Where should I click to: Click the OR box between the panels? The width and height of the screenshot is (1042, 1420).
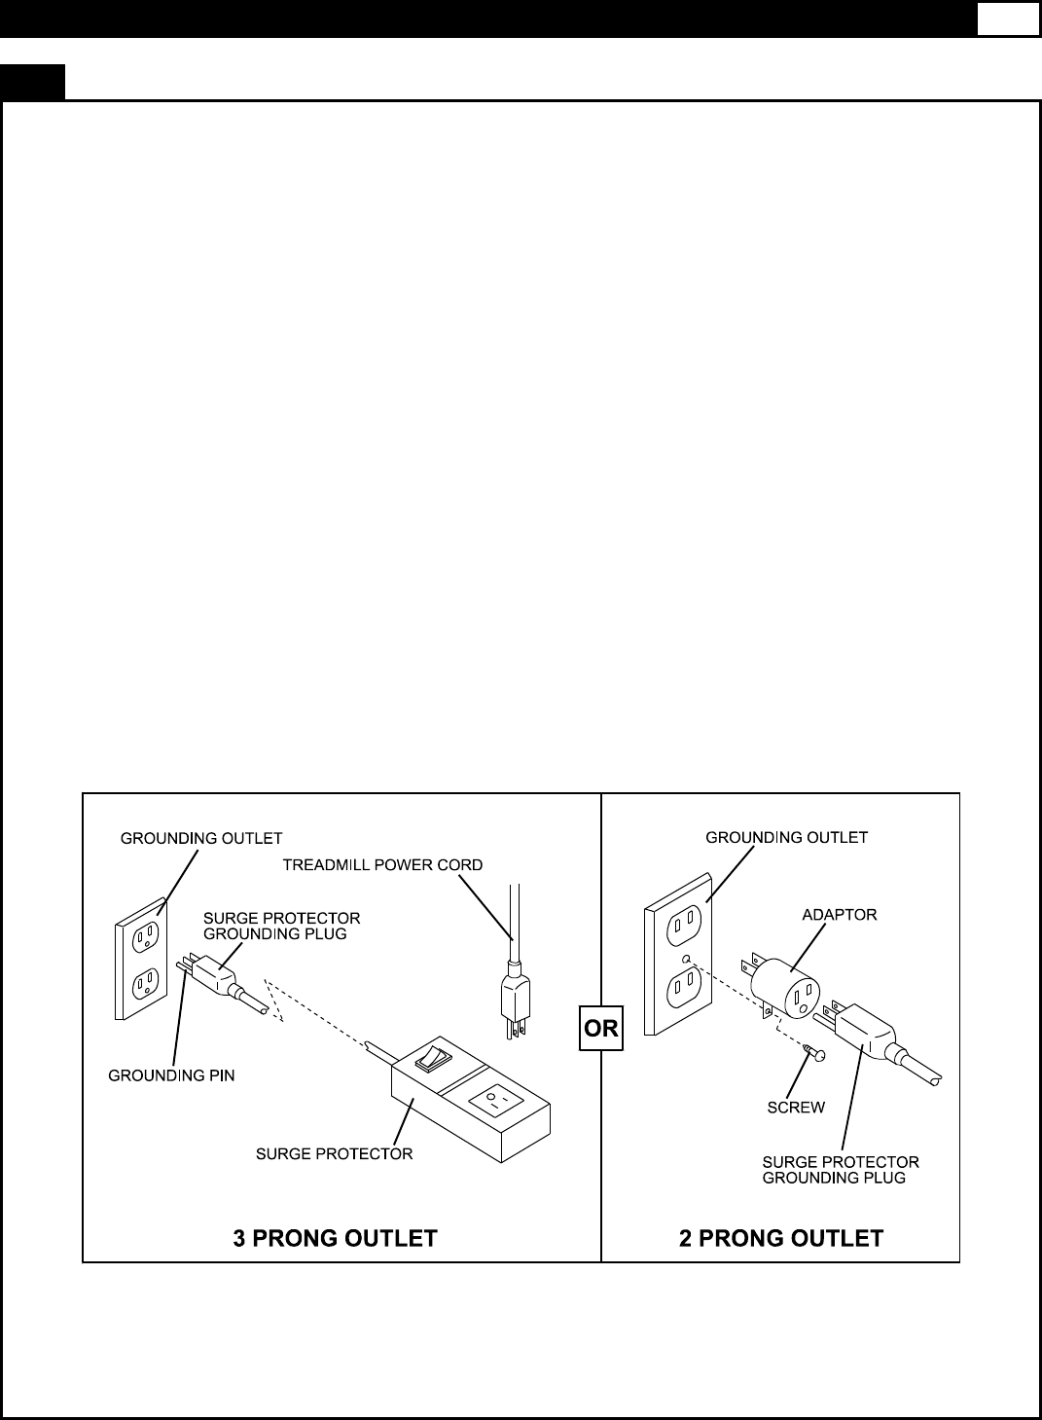pos(601,1029)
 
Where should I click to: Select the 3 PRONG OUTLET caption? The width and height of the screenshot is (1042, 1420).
pos(335,1238)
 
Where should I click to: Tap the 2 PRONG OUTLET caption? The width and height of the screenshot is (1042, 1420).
pos(780,1238)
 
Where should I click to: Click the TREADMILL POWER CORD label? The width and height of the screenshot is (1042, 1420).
pos(382,864)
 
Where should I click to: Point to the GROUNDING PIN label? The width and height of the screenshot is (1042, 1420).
pos(171,1075)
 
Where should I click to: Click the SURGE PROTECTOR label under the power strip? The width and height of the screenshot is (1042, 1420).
pos(334,1153)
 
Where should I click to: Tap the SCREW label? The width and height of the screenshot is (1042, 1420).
pos(796,1107)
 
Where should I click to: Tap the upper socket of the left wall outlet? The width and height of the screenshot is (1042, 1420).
pos(146,935)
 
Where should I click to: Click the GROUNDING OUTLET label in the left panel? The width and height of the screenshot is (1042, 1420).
pos(201,837)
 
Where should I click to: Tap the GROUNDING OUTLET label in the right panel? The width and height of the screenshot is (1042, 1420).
pos(786,837)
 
